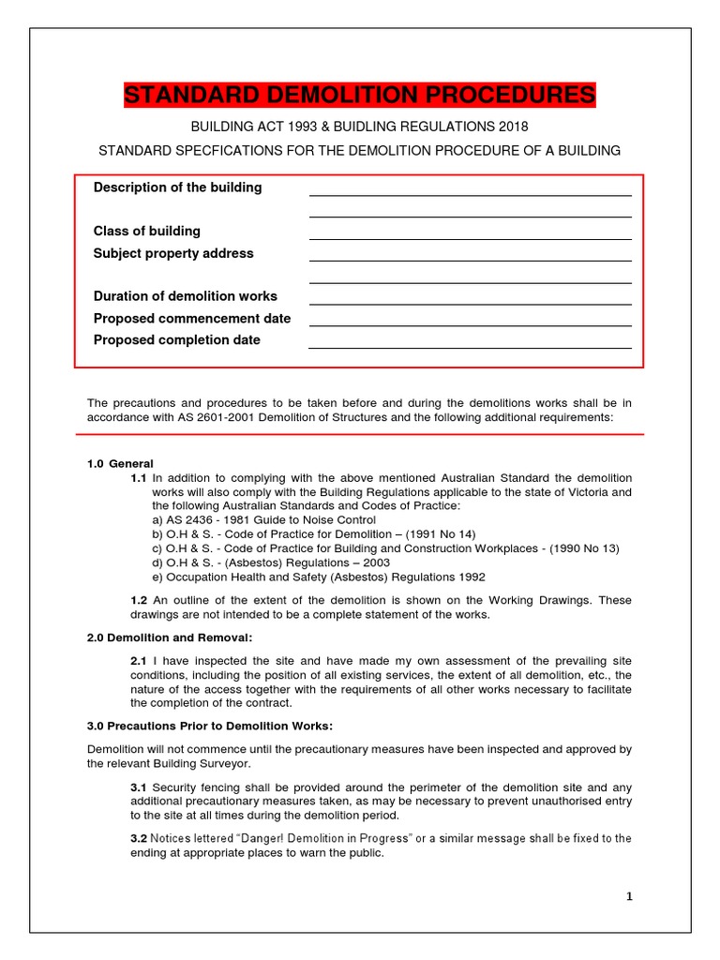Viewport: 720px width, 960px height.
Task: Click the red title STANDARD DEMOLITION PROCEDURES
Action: click(x=359, y=96)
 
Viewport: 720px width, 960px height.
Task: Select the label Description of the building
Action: click(x=177, y=187)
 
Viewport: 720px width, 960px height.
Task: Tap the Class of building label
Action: click(x=146, y=231)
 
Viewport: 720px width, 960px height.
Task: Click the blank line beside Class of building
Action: click(x=470, y=238)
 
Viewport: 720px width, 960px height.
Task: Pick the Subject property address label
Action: click(x=172, y=253)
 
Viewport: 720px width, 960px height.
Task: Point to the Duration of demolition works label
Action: click(x=185, y=296)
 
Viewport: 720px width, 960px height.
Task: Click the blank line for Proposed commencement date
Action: click(x=470, y=325)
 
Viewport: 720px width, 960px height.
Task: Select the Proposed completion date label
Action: click(x=176, y=340)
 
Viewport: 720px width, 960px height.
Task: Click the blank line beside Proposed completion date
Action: click(x=470, y=347)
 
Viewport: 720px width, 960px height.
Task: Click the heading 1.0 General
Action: click(x=120, y=463)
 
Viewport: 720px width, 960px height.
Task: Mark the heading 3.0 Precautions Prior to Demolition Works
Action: click(x=209, y=726)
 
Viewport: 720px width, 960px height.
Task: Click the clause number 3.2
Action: click(x=139, y=838)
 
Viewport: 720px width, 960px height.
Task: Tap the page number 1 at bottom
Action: click(x=629, y=897)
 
